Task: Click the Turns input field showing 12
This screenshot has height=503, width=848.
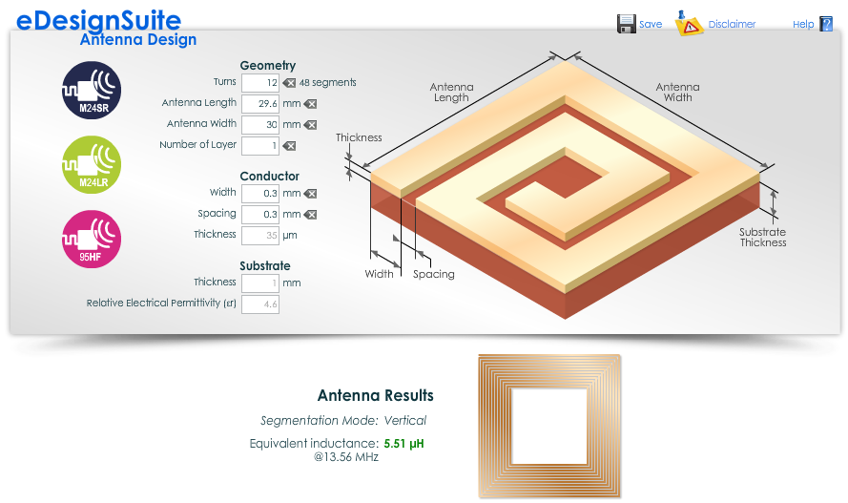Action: [x=260, y=83]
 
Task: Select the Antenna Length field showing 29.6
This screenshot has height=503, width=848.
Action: [x=260, y=104]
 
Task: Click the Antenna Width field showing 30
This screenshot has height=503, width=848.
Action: [x=260, y=125]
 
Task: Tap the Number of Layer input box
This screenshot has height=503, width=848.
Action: [x=260, y=146]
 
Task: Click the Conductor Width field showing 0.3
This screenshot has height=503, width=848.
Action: [x=260, y=194]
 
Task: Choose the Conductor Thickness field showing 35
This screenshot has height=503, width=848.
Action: [x=260, y=236]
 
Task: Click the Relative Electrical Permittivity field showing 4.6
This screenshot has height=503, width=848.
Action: [x=260, y=304]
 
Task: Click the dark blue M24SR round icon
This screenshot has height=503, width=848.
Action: [x=92, y=90]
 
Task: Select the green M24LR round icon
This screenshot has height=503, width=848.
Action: [x=92, y=164]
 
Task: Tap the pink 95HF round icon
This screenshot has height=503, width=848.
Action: [x=92, y=239]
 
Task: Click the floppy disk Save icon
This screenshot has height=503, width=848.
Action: [x=627, y=24]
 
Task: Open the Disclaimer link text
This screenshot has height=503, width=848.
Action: [x=732, y=25]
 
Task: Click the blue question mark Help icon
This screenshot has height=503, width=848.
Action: [x=826, y=24]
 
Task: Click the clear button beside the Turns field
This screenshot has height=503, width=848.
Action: [x=289, y=83]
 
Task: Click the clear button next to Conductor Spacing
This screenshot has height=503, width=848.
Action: [x=310, y=215]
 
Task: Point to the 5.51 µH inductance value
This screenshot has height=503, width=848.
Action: [x=404, y=444]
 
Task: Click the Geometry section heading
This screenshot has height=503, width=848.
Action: [x=268, y=66]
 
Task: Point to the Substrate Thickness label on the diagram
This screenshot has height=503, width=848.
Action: [x=762, y=237]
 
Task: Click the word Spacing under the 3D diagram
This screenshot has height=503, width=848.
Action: [x=434, y=274]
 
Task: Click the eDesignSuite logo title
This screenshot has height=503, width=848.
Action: [x=98, y=21]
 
